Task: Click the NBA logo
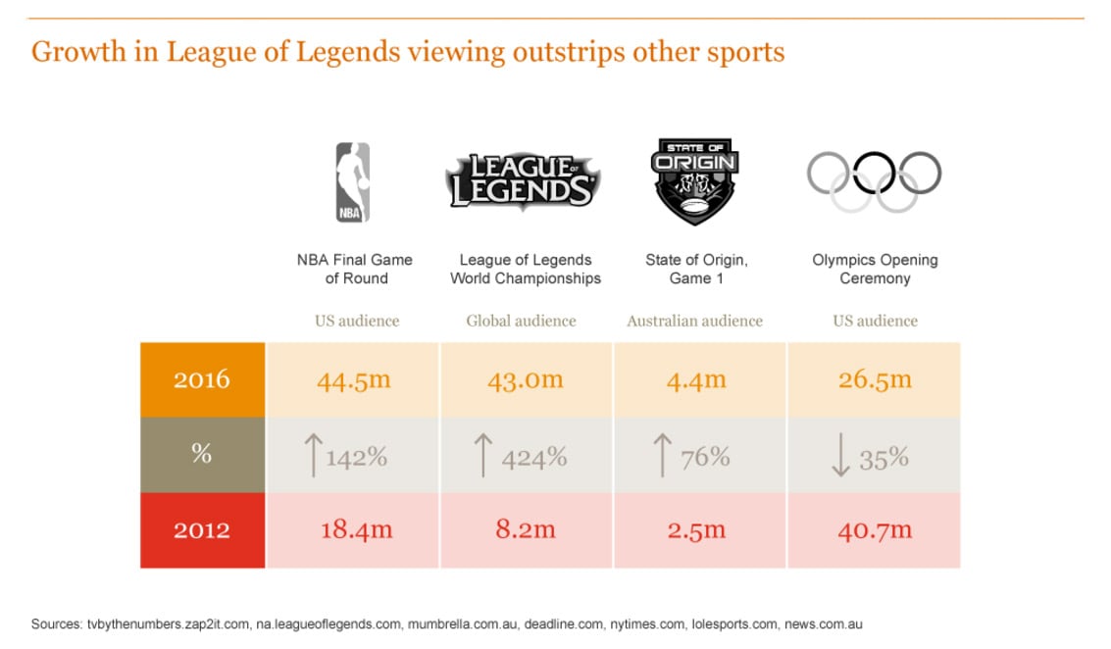point(353,182)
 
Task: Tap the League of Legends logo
point(522,180)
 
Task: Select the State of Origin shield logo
point(695,182)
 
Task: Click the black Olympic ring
point(875,173)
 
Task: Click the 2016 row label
point(202,379)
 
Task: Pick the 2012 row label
point(202,530)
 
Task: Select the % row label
point(202,455)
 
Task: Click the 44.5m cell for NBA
point(354,379)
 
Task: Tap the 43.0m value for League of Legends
point(526,379)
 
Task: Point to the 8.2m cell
point(526,530)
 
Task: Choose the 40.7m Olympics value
point(875,530)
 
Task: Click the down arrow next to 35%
point(840,456)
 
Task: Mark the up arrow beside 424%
point(482,456)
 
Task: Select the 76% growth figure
point(706,457)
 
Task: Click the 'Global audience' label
point(521,321)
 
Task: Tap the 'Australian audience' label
point(694,321)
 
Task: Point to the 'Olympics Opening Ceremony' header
point(875,269)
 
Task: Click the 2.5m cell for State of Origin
point(695,530)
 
